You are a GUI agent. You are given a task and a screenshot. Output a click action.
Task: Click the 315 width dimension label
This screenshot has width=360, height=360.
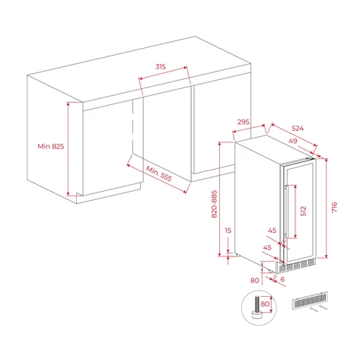click(161, 67)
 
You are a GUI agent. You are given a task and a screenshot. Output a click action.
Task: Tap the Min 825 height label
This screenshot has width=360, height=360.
click(51, 146)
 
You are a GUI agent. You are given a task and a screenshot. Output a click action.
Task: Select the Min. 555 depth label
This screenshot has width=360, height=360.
click(159, 174)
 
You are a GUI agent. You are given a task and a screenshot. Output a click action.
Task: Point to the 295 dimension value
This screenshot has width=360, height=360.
click(244, 122)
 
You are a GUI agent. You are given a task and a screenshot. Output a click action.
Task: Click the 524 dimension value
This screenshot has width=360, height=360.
click(298, 129)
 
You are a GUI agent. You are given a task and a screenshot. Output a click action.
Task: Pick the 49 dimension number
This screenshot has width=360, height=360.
click(293, 141)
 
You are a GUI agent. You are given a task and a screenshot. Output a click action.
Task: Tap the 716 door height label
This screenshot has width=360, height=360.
click(334, 207)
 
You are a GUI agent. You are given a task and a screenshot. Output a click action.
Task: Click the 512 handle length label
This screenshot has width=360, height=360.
click(304, 211)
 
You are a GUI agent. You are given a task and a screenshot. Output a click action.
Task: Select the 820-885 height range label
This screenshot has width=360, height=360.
click(215, 204)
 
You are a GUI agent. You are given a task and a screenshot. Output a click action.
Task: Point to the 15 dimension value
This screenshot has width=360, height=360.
click(228, 231)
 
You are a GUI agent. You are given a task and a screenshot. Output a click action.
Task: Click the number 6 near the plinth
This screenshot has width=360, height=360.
click(282, 279)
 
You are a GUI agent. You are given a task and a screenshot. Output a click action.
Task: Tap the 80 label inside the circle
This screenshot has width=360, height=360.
click(265, 304)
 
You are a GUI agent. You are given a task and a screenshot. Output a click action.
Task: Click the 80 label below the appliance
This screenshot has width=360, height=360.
click(255, 280)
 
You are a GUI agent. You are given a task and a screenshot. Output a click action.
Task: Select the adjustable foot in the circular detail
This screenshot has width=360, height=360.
click(257, 307)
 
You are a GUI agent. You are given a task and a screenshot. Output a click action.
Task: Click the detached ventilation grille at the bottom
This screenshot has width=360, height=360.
click(310, 300)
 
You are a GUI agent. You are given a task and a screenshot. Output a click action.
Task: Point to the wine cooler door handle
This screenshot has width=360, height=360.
click(286, 212)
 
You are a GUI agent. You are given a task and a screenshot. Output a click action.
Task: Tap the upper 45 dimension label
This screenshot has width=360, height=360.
click(272, 231)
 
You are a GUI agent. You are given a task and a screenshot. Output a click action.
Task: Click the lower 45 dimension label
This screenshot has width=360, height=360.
click(267, 247)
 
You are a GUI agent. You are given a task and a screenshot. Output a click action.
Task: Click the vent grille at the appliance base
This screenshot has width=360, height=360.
click(297, 266)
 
